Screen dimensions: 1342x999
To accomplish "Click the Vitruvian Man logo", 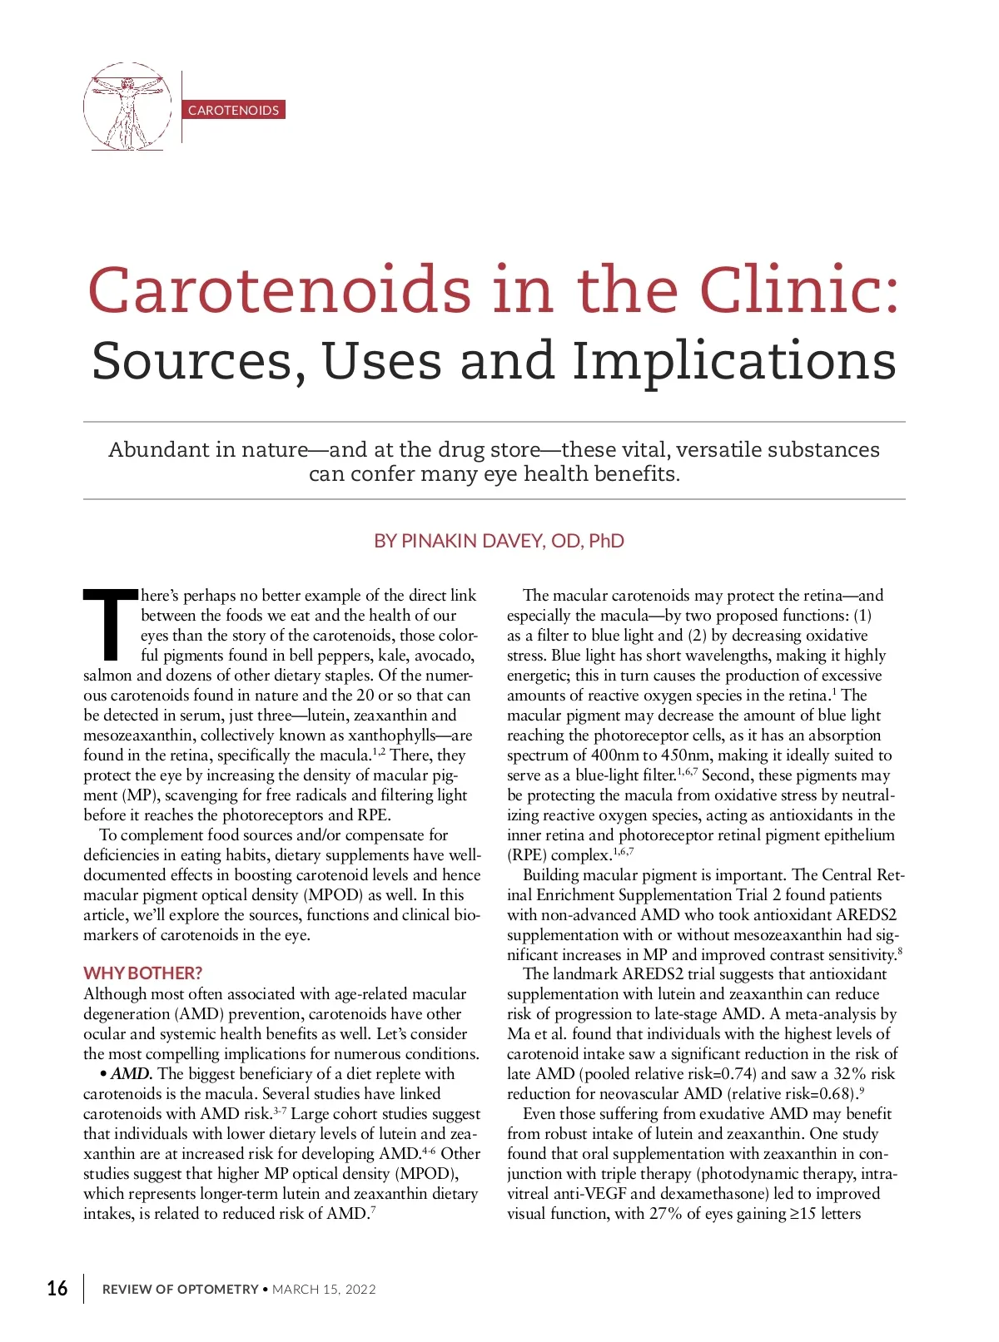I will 127,106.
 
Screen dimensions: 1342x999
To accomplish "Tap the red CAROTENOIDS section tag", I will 233,110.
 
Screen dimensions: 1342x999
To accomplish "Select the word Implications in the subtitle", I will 733,361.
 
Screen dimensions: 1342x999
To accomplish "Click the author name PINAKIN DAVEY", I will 471,541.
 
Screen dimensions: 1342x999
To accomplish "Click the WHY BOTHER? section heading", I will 142,973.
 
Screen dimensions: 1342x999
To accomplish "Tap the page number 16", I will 57,1289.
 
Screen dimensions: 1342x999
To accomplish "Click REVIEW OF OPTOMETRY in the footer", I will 180,1290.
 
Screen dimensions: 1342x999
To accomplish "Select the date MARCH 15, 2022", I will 324,1290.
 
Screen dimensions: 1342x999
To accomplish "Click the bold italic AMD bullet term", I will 132,1074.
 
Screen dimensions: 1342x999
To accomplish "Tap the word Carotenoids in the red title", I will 280,290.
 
